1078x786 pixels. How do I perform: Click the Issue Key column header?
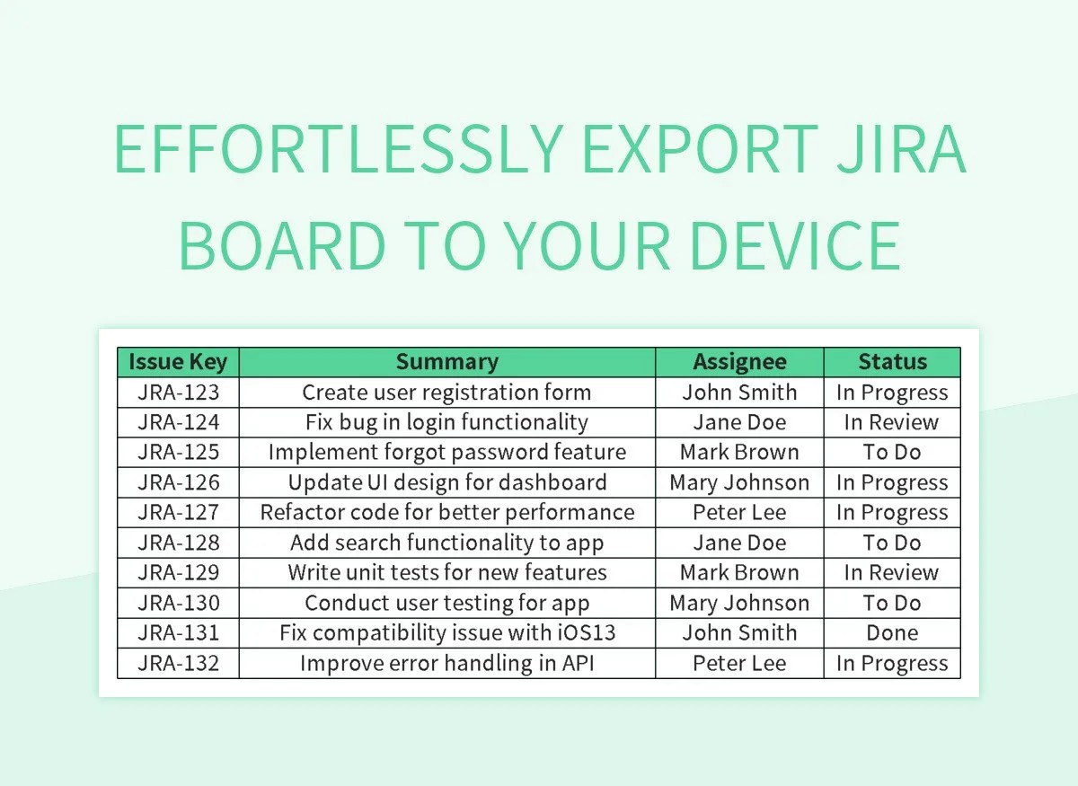pos(178,362)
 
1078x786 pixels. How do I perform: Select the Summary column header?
pos(446,362)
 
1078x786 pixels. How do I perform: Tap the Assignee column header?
pos(739,362)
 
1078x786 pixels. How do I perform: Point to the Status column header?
pos(892,362)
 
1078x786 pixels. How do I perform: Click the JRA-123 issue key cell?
pos(178,393)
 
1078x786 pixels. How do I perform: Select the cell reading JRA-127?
pos(178,513)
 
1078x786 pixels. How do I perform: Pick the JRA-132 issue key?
pos(178,664)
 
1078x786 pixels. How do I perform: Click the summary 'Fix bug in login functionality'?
pos(446,422)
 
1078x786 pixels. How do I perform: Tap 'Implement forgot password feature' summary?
pos(446,453)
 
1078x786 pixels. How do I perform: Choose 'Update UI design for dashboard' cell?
pos(446,482)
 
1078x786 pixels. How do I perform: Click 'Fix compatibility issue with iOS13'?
pos(446,633)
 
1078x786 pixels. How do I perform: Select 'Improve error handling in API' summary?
pos(446,664)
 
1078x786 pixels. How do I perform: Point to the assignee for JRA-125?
pos(739,453)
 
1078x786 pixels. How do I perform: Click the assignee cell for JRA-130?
pos(739,604)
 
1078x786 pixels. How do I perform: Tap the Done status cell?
pos(892,633)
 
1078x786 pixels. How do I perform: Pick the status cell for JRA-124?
pos(892,422)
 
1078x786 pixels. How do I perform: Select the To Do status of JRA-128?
pos(892,543)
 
